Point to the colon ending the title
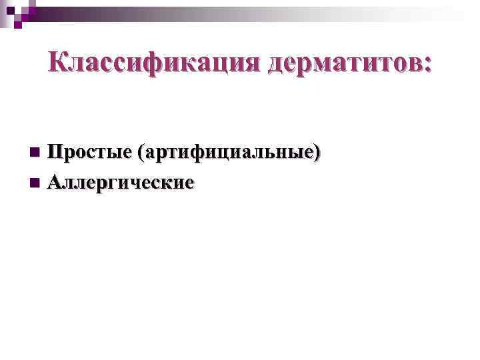pos(427,65)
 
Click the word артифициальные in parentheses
pos(227,153)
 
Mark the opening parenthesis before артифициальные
pos(139,153)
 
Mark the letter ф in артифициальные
pos(200,153)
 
